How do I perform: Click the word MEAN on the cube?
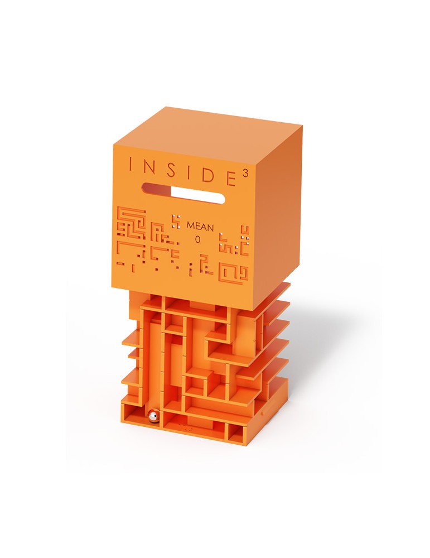200,227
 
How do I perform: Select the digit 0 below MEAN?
198,240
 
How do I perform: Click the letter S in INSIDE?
172,170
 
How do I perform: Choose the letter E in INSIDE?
231,177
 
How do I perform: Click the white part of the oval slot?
198,195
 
